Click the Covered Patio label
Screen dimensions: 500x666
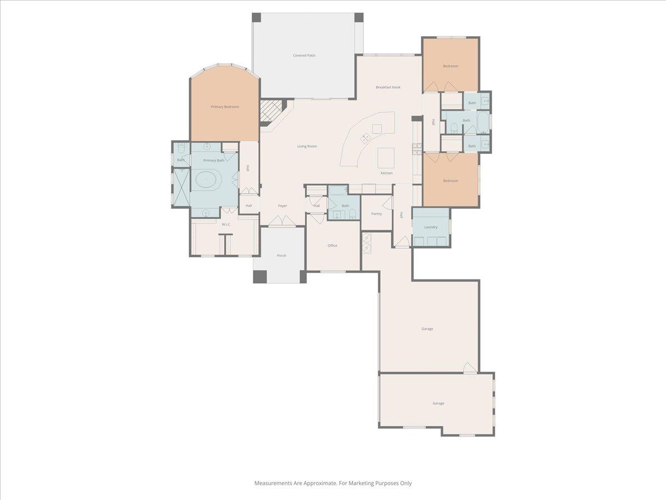point(304,56)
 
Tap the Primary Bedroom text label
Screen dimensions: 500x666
point(225,107)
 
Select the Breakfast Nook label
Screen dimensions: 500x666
point(388,87)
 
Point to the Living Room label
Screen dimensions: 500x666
point(307,146)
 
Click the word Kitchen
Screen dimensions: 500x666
point(386,173)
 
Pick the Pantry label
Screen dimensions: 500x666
point(376,214)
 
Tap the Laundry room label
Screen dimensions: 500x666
point(431,227)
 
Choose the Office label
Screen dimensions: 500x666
point(332,246)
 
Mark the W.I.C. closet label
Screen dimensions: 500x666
point(226,224)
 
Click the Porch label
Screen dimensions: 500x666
point(281,256)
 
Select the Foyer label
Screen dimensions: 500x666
point(282,206)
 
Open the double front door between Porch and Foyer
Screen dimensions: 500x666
point(282,222)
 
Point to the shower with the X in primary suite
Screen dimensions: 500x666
point(181,187)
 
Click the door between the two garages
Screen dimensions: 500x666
point(470,368)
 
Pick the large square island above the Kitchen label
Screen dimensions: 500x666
point(386,157)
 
